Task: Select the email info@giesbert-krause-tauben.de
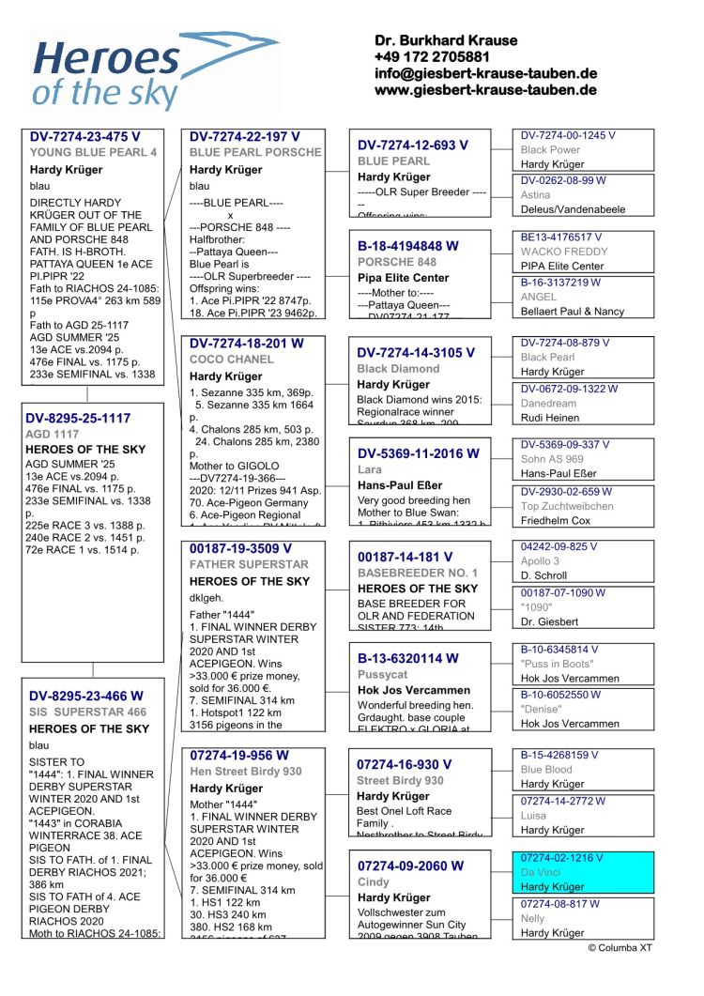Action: coord(485,73)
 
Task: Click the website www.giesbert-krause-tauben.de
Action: coord(485,90)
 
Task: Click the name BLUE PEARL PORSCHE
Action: coord(254,152)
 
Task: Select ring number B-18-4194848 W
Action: coord(408,246)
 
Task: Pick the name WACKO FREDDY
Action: coord(564,252)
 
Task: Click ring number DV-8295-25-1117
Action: coord(80,419)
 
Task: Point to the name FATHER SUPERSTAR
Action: coord(249,565)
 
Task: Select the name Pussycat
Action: coord(383,675)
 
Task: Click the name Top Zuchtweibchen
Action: coord(567,506)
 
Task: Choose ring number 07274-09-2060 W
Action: coord(410,866)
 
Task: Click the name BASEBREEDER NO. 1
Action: coord(417,573)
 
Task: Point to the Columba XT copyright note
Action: coord(620,948)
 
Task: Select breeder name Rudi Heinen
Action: coord(552,418)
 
